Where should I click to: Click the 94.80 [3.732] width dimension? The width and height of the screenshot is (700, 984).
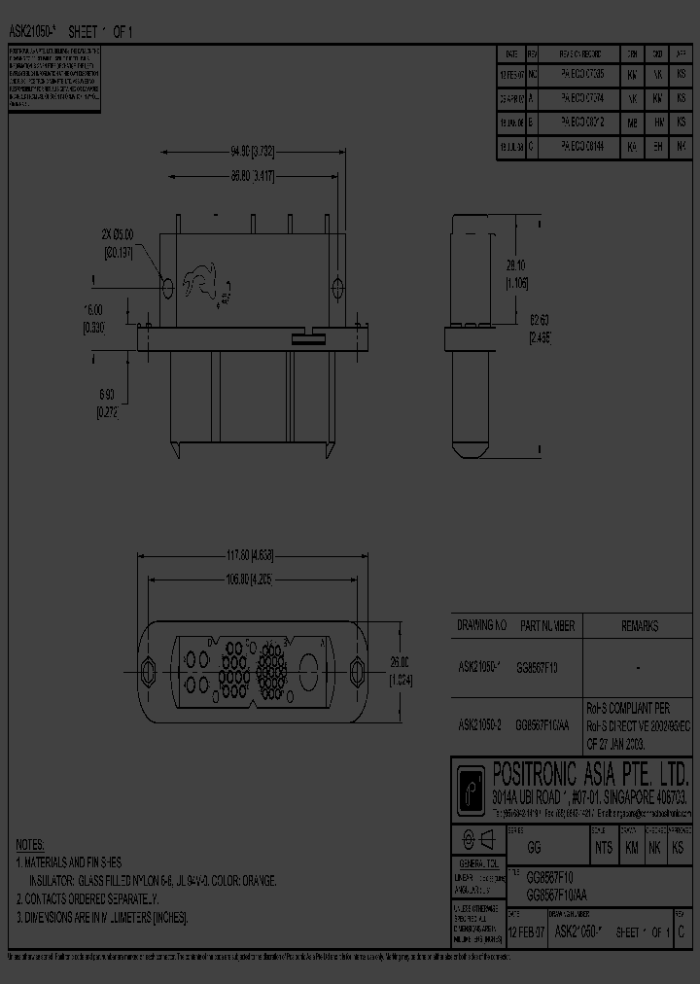pos(252,152)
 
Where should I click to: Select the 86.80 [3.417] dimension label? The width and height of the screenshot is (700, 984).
pos(252,176)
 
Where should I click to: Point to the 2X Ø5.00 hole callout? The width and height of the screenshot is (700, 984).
pos(118,243)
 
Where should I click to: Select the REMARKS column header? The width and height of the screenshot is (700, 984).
pos(639,627)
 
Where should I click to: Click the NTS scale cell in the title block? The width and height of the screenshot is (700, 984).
pos(603,848)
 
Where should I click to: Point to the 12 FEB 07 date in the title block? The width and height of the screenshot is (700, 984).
pos(527,932)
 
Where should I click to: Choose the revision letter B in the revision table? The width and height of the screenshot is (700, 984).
pos(532,123)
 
